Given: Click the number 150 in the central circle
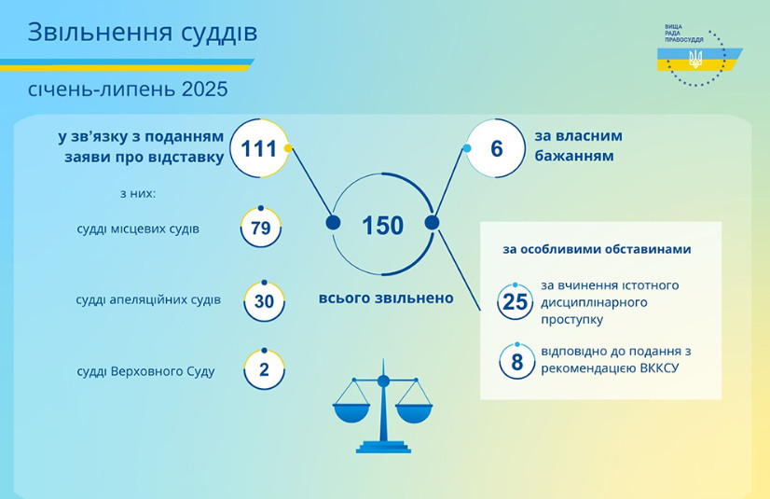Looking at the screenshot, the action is point(382,226).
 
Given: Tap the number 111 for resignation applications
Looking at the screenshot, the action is point(259,148).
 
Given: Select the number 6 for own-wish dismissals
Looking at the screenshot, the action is point(497,149).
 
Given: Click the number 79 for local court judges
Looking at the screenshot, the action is point(261,229).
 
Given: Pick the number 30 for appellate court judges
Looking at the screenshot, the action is point(264,301).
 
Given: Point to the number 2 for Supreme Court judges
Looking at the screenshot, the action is point(264,369).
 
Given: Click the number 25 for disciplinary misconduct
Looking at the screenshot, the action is point(516,302).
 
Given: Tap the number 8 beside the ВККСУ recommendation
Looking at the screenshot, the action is point(517,362).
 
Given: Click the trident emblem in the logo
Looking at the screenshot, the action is point(695,59).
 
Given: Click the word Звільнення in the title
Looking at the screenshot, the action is point(100,33).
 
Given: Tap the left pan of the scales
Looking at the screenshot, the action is point(351,413).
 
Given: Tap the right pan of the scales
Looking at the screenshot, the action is point(414,413).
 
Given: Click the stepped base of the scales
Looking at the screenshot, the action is point(383,447).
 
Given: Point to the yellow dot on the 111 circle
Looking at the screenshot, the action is point(288,148).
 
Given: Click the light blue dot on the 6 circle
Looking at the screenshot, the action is point(467,148).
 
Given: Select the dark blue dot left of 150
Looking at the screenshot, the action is point(334,223).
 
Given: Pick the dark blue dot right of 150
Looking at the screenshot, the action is point(432,223).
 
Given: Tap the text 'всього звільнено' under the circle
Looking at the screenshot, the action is point(386,298).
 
